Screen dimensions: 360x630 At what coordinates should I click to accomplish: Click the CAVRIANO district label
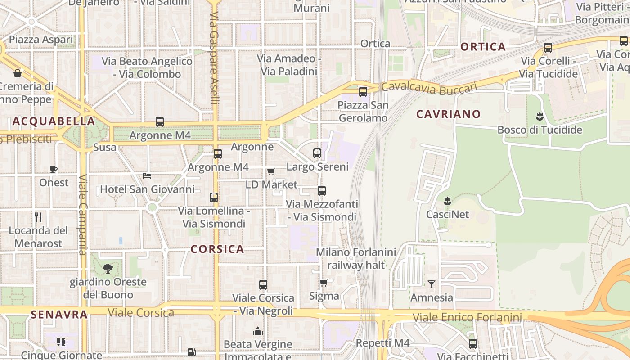point(448,114)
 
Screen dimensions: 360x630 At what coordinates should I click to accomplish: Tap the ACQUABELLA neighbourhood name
point(54,121)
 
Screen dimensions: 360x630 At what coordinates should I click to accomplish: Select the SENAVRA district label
point(59,314)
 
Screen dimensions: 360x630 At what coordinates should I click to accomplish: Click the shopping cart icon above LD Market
point(271,172)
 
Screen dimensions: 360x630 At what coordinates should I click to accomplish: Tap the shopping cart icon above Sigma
point(324,283)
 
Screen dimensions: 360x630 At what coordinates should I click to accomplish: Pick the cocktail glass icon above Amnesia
point(432,284)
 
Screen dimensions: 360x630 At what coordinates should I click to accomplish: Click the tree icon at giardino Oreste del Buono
point(108,269)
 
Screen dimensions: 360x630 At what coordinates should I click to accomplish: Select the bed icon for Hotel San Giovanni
point(147,176)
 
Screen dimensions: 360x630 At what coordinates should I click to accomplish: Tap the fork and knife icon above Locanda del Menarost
point(38,217)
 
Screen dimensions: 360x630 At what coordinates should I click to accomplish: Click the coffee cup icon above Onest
point(54,170)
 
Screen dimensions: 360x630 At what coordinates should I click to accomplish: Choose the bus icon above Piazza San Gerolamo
point(363,92)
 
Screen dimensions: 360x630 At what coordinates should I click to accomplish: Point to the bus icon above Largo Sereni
point(317,153)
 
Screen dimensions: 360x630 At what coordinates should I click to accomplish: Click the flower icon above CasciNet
point(447,201)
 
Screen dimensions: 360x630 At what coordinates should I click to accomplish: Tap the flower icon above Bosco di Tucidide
point(540,117)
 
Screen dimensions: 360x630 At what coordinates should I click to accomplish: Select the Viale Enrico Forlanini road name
point(467,318)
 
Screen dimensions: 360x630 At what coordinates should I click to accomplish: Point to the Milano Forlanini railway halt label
point(356,258)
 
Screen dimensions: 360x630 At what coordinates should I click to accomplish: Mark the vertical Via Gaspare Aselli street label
point(214,58)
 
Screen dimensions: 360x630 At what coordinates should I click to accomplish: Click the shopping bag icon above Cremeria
point(18,73)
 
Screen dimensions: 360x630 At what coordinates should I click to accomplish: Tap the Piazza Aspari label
point(41,40)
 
